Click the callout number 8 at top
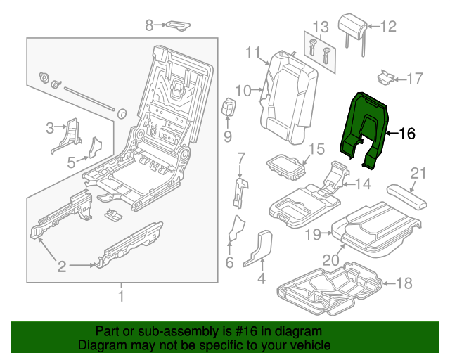click(x=149, y=25)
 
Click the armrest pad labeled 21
click(x=406, y=194)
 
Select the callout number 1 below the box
click(x=120, y=295)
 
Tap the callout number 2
click(x=62, y=266)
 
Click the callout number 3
click(x=50, y=127)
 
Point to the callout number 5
click(x=71, y=162)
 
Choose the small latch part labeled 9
click(x=228, y=109)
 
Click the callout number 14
click(x=361, y=184)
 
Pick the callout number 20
click(x=330, y=259)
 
